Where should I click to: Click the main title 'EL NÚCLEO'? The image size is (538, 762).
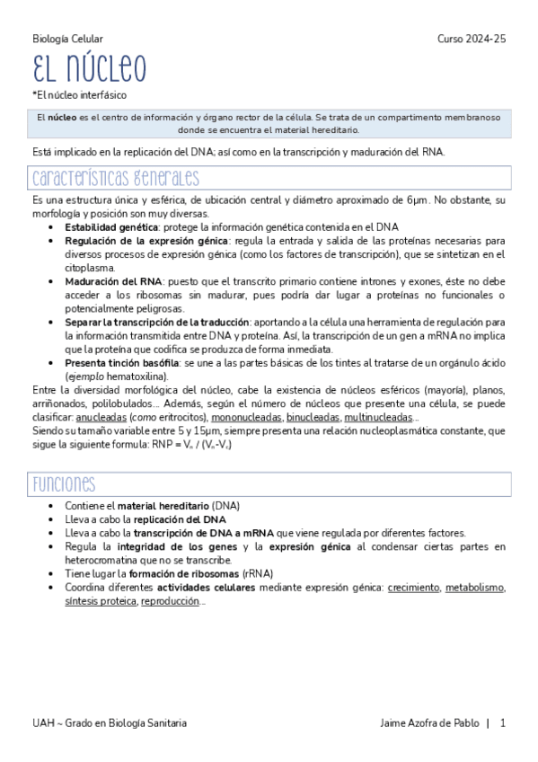coord(89,69)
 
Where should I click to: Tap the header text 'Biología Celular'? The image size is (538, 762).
coord(67,39)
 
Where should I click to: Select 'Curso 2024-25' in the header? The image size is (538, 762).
coord(472,39)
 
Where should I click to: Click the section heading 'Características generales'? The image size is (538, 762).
coord(116,177)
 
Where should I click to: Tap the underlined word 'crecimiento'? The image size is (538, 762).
coord(413,587)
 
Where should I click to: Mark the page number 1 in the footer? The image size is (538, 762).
coord(503,722)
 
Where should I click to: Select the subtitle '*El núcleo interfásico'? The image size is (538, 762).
coord(79,94)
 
